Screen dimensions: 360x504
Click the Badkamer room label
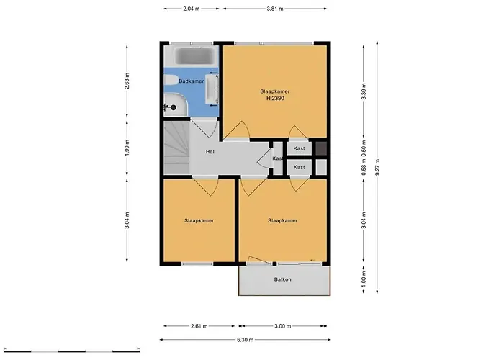click(x=192, y=81)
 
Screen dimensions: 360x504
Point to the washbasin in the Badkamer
click(x=212, y=85)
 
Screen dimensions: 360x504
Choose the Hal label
click(x=210, y=152)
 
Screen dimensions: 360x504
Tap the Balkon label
click(x=283, y=279)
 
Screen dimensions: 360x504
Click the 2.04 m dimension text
click(x=191, y=9)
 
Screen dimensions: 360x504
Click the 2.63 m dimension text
click(x=127, y=81)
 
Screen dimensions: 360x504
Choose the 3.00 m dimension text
click(x=283, y=325)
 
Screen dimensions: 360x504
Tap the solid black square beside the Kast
click(x=322, y=148)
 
